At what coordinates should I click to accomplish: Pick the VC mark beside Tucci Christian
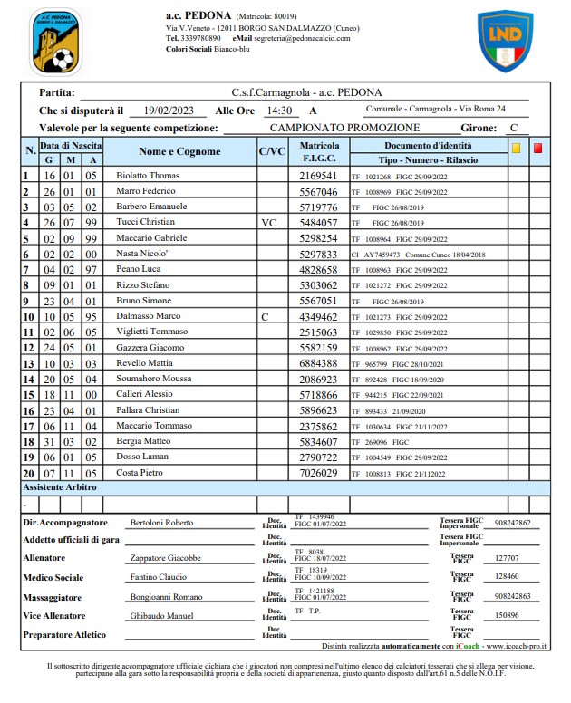point(268,222)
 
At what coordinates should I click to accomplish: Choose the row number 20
point(28,474)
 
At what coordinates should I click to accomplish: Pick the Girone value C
point(514,128)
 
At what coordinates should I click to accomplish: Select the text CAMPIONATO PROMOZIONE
point(344,128)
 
